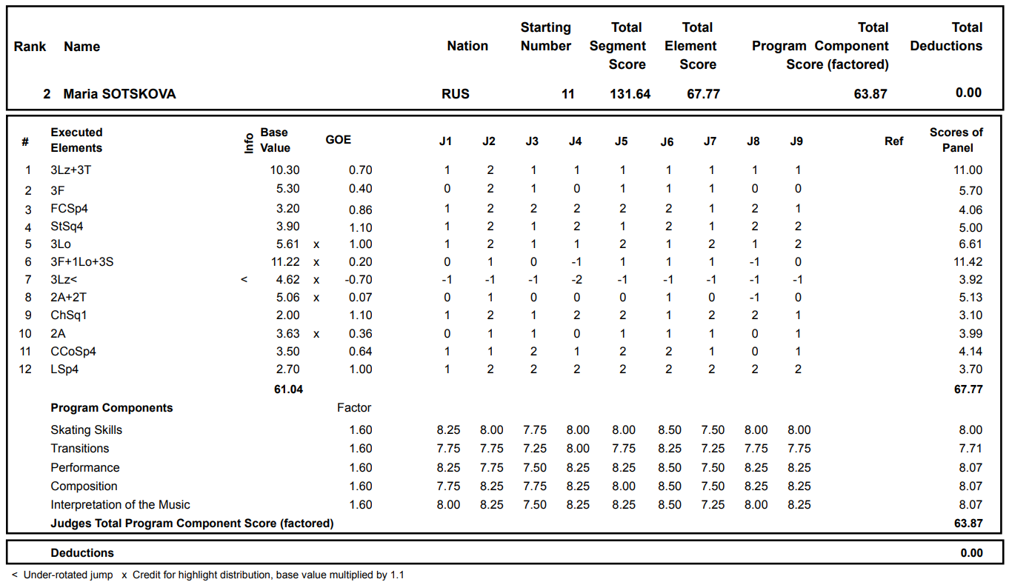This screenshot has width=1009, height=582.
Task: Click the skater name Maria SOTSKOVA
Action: (119, 94)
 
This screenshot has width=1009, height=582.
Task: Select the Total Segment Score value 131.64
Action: (630, 94)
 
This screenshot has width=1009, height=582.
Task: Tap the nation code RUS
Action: (456, 94)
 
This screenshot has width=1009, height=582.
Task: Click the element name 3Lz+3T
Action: (71, 170)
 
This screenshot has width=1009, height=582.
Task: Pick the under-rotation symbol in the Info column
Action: (244, 280)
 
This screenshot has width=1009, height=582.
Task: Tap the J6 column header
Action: (667, 141)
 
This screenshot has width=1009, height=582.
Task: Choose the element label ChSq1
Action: (69, 315)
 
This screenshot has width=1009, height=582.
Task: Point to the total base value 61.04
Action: (288, 389)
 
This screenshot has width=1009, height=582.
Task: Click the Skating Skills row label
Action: (86, 430)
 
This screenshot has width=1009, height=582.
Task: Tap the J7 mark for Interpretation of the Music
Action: (710, 505)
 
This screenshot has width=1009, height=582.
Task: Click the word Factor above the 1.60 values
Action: (354, 408)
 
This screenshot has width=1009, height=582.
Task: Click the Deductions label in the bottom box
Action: (82, 553)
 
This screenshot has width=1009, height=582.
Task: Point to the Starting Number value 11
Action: (567, 94)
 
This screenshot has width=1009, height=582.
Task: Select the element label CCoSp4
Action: (73, 352)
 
